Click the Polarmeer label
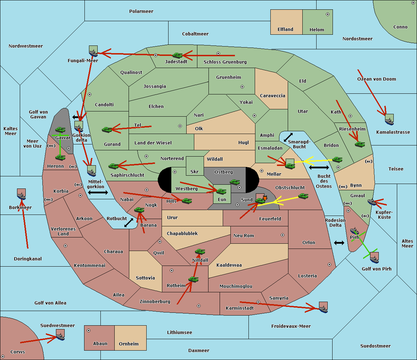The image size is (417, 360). point(141,11)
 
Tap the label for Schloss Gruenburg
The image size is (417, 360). point(225,62)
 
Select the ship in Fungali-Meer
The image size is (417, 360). point(93,53)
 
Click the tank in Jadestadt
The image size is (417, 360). point(177,55)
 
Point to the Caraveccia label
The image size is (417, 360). point(272,95)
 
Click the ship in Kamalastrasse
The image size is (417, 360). point(389,122)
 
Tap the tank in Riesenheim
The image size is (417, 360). point(360,144)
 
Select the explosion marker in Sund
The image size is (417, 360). point(265,198)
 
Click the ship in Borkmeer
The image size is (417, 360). point(22,196)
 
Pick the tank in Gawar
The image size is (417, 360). point(60,129)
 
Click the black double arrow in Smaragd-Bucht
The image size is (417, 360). point(288,137)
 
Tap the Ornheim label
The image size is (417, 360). point(129,344)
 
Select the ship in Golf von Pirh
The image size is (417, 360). point(375,260)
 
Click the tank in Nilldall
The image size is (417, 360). point(200,252)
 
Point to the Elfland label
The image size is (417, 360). point(285,30)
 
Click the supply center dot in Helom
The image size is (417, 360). point(328,14)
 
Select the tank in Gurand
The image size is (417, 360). point(107,129)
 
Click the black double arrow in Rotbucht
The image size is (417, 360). point(129,223)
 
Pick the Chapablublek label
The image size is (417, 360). point(182,233)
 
